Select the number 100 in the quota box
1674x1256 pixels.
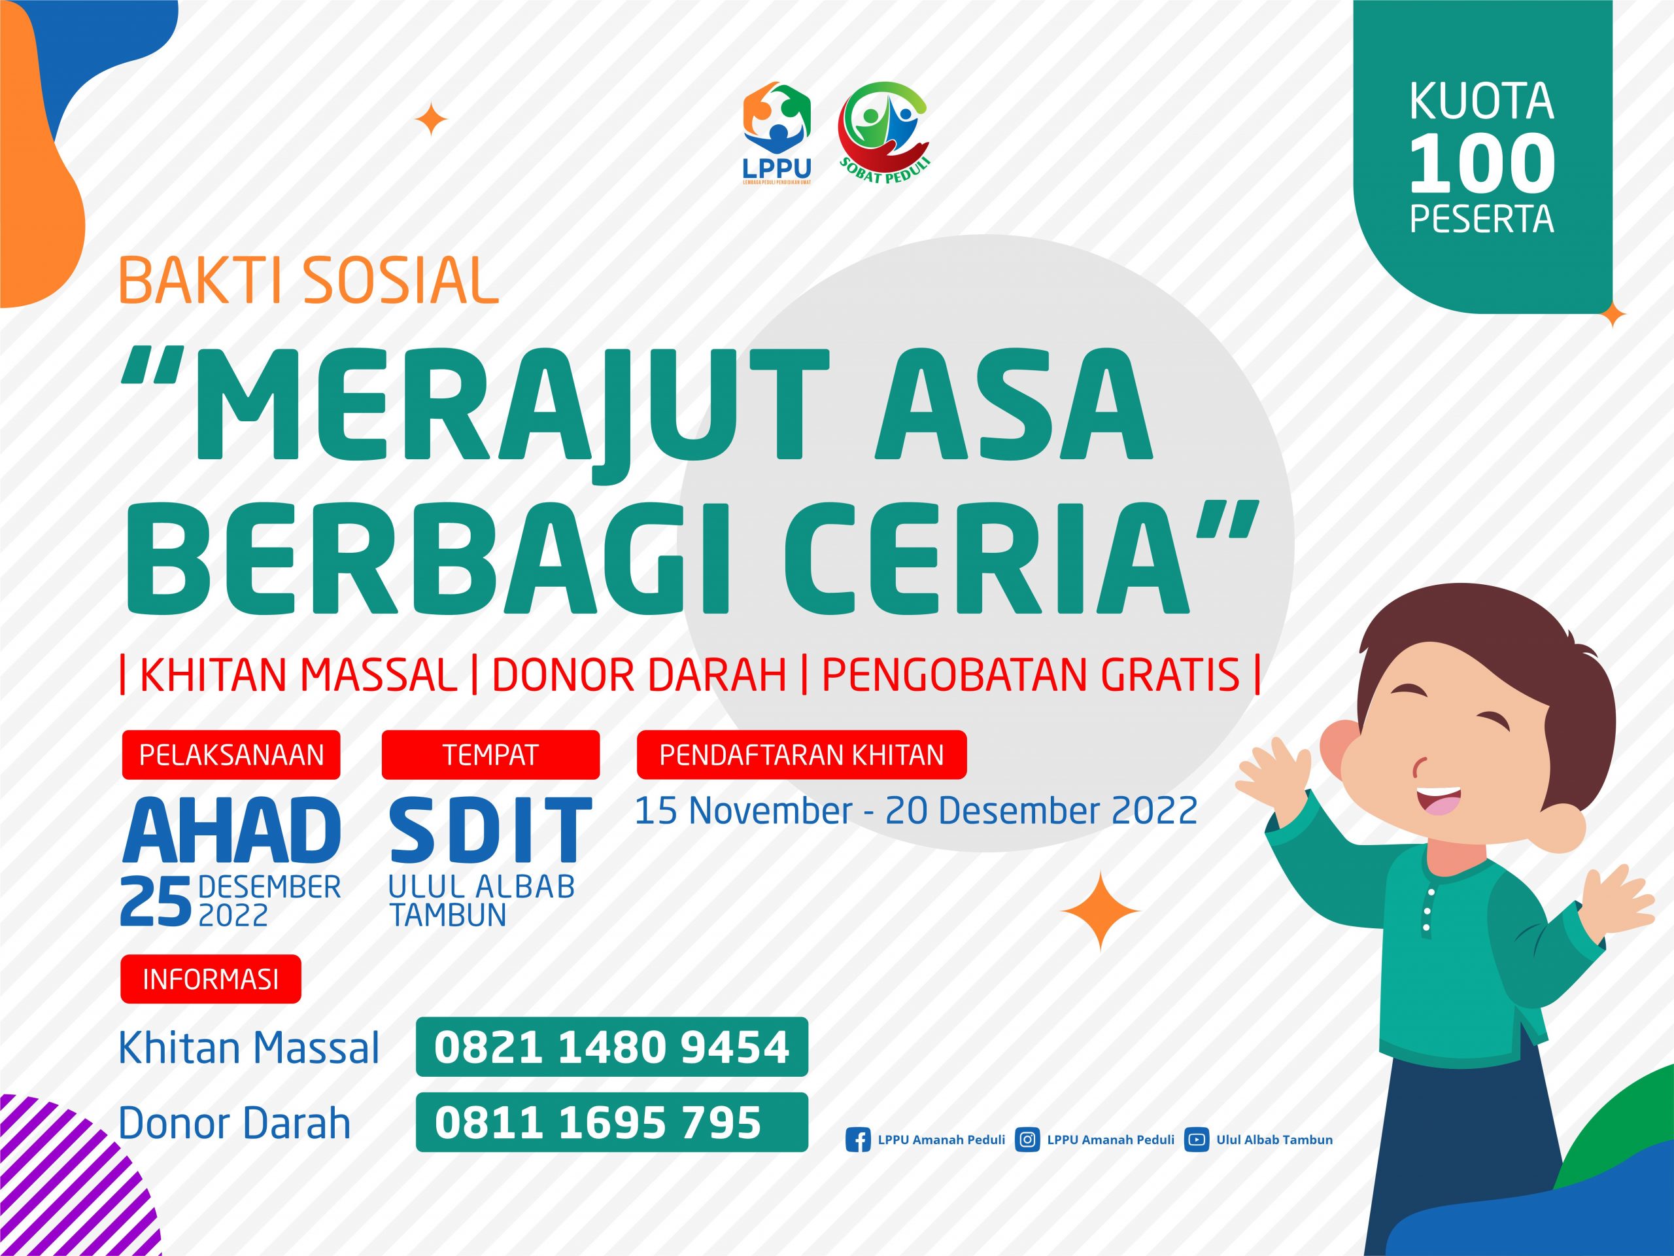coord(1482,164)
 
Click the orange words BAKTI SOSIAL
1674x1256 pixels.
coord(308,280)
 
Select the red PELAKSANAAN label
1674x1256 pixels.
coord(231,755)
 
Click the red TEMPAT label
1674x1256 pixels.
coord(490,755)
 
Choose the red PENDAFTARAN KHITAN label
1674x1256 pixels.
coord(802,755)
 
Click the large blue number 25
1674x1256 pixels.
coord(155,901)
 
